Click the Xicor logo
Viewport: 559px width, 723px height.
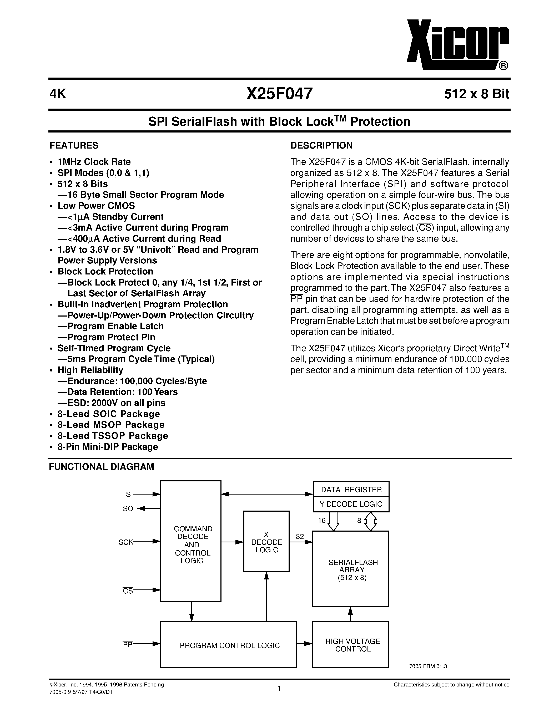tap(457, 45)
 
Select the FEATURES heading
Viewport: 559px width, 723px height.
tap(74, 146)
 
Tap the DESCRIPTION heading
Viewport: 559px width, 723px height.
tap(321, 146)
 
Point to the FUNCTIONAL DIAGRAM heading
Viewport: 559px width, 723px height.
tap(101, 467)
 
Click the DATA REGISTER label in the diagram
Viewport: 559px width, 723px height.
tap(351, 490)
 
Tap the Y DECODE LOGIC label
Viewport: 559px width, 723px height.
tap(351, 504)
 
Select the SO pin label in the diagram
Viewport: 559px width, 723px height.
tap(128, 509)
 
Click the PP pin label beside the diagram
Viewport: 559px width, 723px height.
tap(128, 645)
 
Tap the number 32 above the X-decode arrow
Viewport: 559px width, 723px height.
tap(300, 537)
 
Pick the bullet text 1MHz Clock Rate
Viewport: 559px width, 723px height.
tap(94, 162)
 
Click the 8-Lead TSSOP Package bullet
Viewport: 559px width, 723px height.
tap(113, 436)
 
